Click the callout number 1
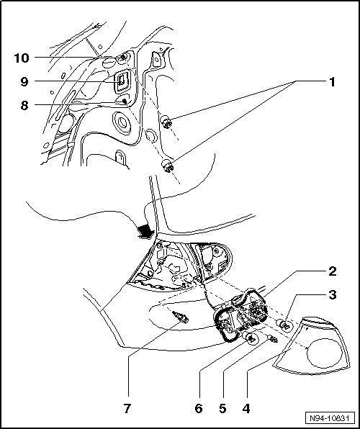[x=332, y=82]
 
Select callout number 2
[x=333, y=271]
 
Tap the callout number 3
[x=333, y=295]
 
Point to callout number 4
[x=246, y=409]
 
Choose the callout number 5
[x=222, y=409]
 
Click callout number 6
[x=199, y=409]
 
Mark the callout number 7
[x=127, y=409]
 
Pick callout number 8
[x=24, y=105]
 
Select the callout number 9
[x=24, y=81]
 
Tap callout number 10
[x=22, y=58]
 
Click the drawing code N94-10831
[x=330, y=418]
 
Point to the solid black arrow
[x=145, y=231]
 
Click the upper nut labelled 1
[x=166, y=122]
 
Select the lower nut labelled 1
[x=167, y=166]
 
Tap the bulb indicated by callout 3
[x=285, y=325]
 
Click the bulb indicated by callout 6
[x=251, y=338]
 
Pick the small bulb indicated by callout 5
[x=273, y=339]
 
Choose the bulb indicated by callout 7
[x=181, y=317]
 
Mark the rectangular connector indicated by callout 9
[x=121, y=80]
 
